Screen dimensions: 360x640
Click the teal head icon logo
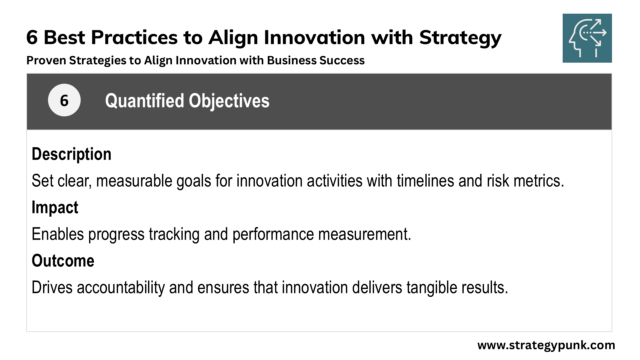pyautogui.click(x=587, y=38)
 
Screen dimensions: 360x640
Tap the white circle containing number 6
pyautogui.click(x=64, y=100)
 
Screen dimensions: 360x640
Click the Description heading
pyautogui.click(x=71, y=154)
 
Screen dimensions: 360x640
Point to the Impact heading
pyautogui.click(x=55, y=207)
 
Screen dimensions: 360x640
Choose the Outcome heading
pyautogui.click(x=63, y=261)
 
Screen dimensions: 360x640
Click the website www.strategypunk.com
pyautogui.click(x=546, y=345)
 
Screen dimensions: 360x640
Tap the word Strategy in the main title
pyautogui.click(x=460, y=37)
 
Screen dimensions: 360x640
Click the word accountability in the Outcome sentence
pyautogui.click(x=121, y=287)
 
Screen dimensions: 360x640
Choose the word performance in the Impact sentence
pyautogui.click(x=273, y=234)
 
